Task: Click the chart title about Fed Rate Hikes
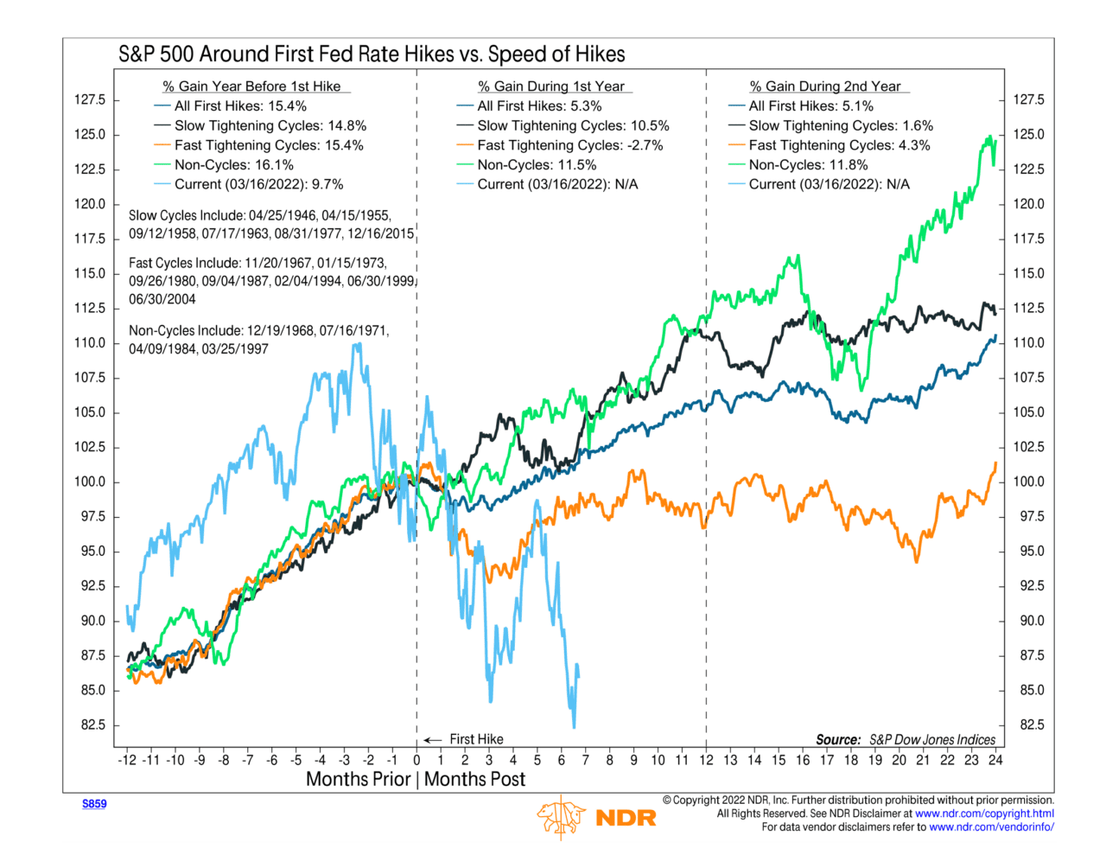372,54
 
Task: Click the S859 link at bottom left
94,804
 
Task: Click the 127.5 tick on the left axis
90,99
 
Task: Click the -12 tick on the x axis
127,760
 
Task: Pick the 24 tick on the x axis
995,760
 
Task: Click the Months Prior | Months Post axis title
416,779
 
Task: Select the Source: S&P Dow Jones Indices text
906,739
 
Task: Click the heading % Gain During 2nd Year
825,86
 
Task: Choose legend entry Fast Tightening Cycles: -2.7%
570,145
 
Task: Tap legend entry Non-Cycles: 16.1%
233,164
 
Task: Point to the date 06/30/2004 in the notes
162,299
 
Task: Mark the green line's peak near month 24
988,137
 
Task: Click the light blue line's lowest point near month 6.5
574,726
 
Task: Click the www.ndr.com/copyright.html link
984,814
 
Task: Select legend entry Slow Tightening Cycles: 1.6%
841,125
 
